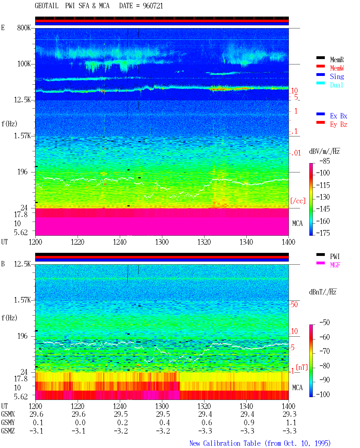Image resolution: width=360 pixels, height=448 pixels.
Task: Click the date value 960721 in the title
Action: click(x=153, y=6)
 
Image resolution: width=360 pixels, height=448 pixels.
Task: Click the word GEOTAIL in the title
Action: click(x=47, y=6)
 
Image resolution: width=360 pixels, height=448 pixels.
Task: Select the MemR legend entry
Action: click(x=337, y=60)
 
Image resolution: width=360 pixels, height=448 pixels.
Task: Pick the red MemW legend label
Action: click(x=337, y=68)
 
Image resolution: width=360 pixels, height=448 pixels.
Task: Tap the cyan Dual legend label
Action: click(x=336, y=85)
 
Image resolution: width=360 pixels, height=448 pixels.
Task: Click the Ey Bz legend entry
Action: click(x=339, y=124)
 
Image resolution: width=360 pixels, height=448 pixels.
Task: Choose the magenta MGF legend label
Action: click(x=335, y=265)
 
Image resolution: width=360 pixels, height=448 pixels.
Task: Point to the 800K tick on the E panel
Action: click(x=24, y=28)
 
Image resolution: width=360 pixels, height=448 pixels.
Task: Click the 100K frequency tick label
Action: click(x=24, y=64)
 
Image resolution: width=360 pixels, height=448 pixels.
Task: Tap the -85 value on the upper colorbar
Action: click(x=325, y=161)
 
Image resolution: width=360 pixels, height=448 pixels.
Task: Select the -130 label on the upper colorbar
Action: click(x=323, y=197)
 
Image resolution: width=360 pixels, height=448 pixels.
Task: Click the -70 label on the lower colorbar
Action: click(x=325, y=351)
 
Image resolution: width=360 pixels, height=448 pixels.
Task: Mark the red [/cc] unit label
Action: click(x=298, y=201)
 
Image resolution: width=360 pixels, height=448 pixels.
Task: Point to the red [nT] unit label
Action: click(x=302, y=367)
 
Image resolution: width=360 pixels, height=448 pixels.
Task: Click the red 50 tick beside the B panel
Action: click(x=294, y=304)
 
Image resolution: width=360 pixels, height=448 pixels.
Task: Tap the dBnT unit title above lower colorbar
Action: click(x=323, y=292)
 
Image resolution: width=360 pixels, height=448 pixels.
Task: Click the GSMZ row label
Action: click(x=8, y=431)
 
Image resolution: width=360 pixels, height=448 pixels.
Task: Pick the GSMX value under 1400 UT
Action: click(x=289, y=414)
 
